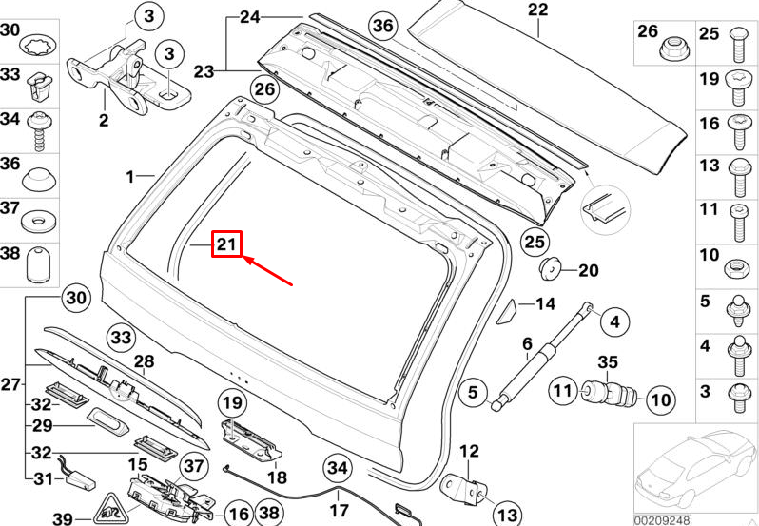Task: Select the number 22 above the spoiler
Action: point(538,11)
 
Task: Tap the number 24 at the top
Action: point(249,17)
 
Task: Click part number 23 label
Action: point(204,70)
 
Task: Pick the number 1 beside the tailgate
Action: point(131,176)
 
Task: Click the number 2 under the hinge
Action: point(103,120)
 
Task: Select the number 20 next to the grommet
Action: point(589,271)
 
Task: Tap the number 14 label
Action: point(544,304)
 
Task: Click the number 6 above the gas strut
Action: point(525,343)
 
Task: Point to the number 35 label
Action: point(608,361)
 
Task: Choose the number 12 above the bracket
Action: point(470,451)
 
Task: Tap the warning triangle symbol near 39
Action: point(112,511)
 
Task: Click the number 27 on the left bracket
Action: point(10,385)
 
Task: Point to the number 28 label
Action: point(143,361)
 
